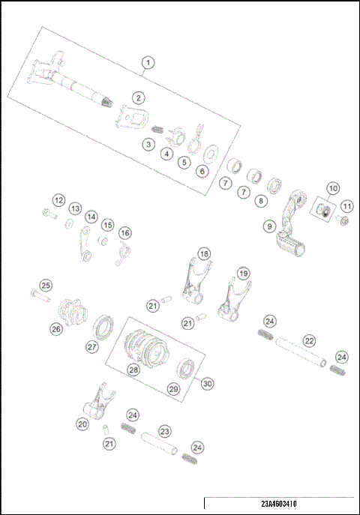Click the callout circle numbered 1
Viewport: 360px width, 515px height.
coord(148,63)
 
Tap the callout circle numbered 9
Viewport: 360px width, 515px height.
coord(268,225)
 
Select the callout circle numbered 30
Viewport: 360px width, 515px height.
coord(207,382)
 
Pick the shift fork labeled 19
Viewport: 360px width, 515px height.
coord(232,300)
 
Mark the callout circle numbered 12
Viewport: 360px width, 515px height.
coord(58,200)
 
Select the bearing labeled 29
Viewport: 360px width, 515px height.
coord(185,368)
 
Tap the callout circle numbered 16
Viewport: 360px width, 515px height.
coord(125,233)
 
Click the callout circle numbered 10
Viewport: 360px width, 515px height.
coord(332,187)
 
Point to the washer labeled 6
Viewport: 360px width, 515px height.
coord(212,154)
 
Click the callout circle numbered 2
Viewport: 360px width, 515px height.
coord(139,97)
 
